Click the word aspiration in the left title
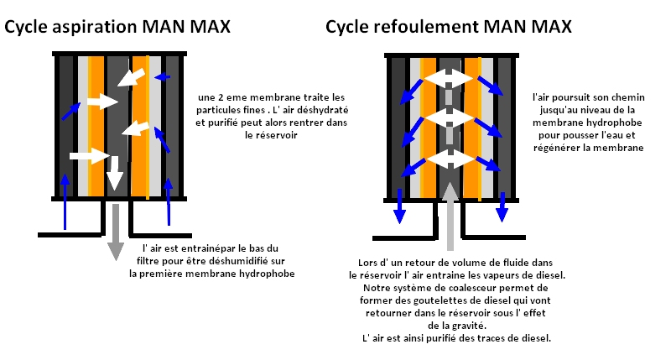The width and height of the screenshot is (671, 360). (91, 27)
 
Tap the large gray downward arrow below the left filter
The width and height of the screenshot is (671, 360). (116, 231)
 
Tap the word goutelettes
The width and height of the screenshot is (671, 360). (456, 300)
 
